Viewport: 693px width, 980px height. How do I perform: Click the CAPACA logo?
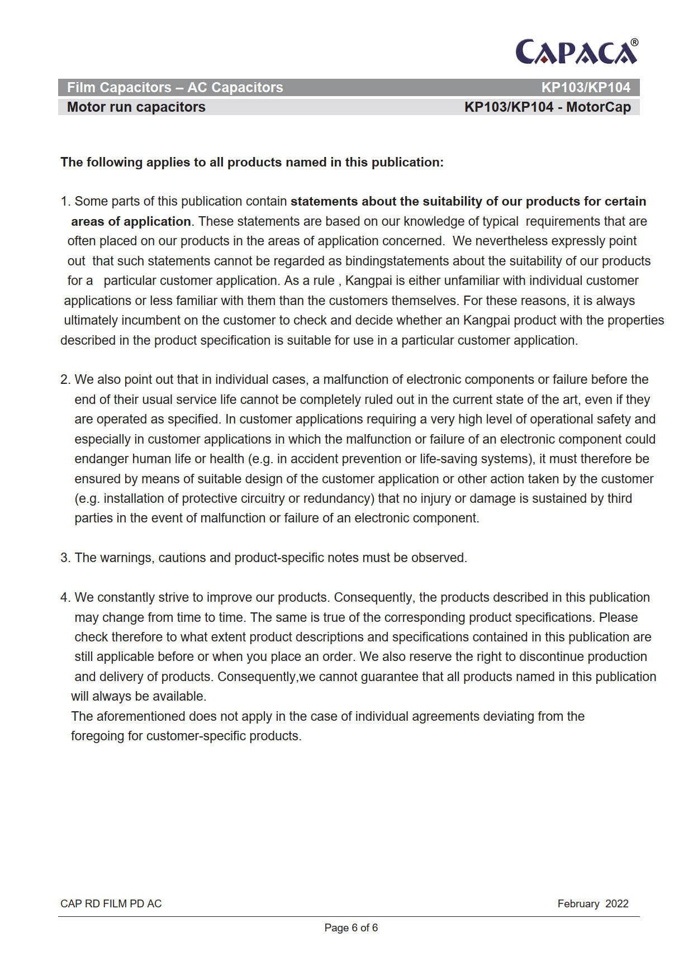(x=576, y=52)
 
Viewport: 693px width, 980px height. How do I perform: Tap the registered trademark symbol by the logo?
(x=634, y=42)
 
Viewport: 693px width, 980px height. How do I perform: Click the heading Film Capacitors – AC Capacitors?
(x=175, y=88)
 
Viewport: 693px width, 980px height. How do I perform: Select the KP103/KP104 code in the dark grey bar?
(x=585, y=88)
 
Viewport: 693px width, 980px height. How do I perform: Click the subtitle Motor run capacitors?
(x=136, y=107)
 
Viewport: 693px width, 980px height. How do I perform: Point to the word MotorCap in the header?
(x=598, y=107)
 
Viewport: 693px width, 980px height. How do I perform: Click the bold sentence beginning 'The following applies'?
(x=252, y=163)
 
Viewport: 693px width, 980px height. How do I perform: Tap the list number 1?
(x=65, y=202)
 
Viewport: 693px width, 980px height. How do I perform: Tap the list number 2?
(x=65, y=380)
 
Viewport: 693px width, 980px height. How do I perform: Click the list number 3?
(x=65, y=558)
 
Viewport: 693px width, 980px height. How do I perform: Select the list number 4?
(x=65, y=598)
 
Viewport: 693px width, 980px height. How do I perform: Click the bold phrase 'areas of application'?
(x=131, y=222)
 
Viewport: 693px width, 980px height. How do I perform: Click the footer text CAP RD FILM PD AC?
(x=111, y=904)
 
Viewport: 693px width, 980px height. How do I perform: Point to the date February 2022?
(x=592, y=904)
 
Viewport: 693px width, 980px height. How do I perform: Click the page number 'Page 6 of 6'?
(x=351, y=928)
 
